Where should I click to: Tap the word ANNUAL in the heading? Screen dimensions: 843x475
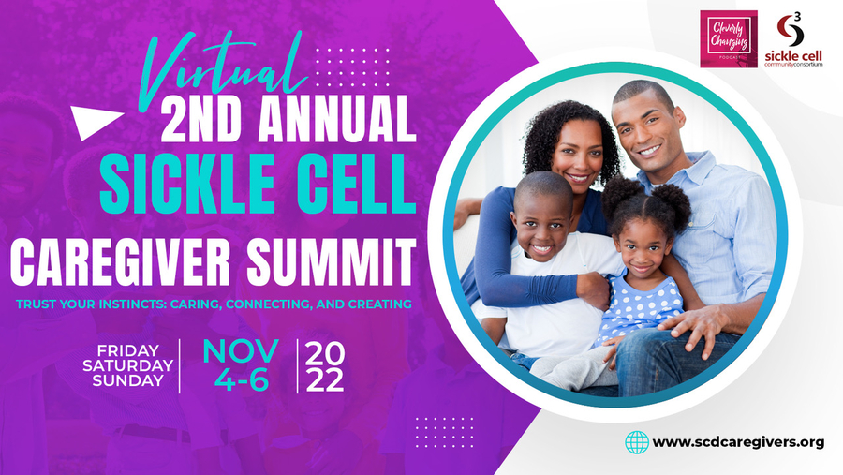(x=337, y=119)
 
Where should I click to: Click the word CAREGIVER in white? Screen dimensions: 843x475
(x=121, y=261)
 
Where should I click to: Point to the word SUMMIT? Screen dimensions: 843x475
(x=332, y=261)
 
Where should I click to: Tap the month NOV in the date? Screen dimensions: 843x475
(x=241, y=351)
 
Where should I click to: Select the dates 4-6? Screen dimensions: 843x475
(x=242, y=380)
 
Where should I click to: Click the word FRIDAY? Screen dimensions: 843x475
(x=128, y=350)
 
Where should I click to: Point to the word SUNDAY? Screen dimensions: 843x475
(x=128, y=381)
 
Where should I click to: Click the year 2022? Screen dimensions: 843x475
(x=325, y=367)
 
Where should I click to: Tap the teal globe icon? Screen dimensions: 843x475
(x=637, y=442)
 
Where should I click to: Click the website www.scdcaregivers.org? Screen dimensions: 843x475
(x=738, y=443)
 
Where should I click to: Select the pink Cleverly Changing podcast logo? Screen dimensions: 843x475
(x=729, y=39)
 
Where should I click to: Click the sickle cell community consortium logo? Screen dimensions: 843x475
(x=793, y=39)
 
